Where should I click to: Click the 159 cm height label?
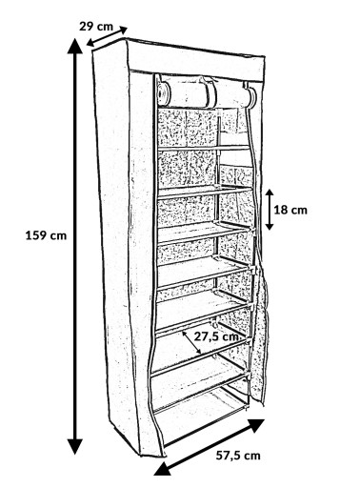pos(46,235)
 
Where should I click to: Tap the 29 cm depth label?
pos(96,26)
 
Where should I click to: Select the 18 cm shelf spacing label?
pos(290,210)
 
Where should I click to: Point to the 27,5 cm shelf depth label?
pos(218,336)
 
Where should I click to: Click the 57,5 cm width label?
pos(238,456)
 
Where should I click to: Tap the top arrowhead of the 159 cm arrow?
pos(75,45)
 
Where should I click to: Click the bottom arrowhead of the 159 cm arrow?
pos(75,447)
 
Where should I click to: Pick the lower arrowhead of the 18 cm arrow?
pos(270,226)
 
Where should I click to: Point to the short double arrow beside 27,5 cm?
pos(191,342)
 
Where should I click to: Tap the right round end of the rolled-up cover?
pos(251,98)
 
